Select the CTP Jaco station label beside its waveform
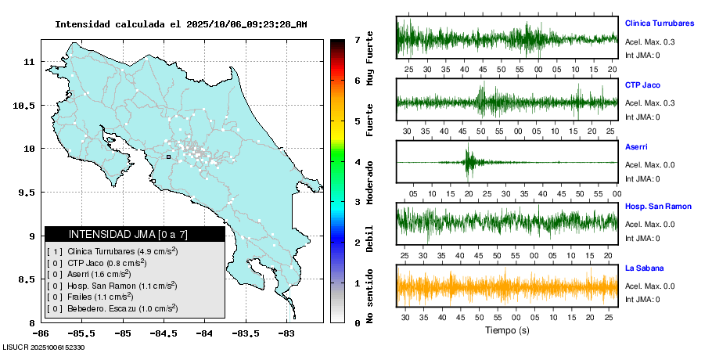pyautogui.click(x=641, y=85)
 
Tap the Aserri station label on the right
pyautogui.click(x=636, y=146)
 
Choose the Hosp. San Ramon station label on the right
pyautogui.click(x=658, y=207)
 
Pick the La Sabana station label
pyautogui.click(x=644, y=268)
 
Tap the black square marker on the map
pyautogui.click(x=168, y=157)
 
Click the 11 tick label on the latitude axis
pyautogui.click(x=29, y=61)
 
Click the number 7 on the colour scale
pyautogui.click(x=357, y=39)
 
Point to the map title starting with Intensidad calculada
pyautogui.click(x=180, y=24)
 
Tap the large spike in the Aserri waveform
pyautogui.click(x=469, y=160)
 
